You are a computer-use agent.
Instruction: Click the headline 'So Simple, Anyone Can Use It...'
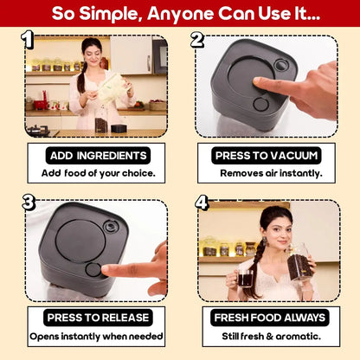tap(180, 14)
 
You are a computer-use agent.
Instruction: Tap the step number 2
tap(196, 39)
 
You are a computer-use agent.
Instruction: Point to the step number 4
tap(202, 202)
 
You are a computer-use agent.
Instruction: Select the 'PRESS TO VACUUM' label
tap(267, 156)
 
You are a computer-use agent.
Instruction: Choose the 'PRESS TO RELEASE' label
tap(98, 318)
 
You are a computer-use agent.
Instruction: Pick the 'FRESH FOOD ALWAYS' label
tap(270, 318)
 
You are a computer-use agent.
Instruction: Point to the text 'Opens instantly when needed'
tap(98, 335)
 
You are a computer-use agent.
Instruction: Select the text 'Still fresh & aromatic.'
tap(270, 335)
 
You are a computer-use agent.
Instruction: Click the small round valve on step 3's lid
tap(111, 227)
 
